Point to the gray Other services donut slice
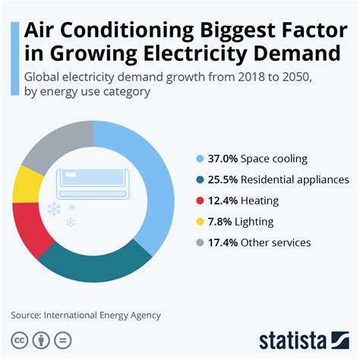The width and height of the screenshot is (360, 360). coord(55,144)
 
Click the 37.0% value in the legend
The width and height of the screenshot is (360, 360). coord(220,159)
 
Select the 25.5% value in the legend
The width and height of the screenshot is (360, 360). coord(220,180)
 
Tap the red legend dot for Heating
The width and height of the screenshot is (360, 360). coord(200,201)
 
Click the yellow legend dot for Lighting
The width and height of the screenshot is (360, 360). coord(200,222)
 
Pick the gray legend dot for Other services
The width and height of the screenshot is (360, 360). coord(200,243)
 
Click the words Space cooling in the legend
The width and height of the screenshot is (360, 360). coord(274,159)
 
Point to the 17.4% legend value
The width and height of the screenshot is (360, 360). coord(220,243)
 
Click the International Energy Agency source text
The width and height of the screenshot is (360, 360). coord(102,314)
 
